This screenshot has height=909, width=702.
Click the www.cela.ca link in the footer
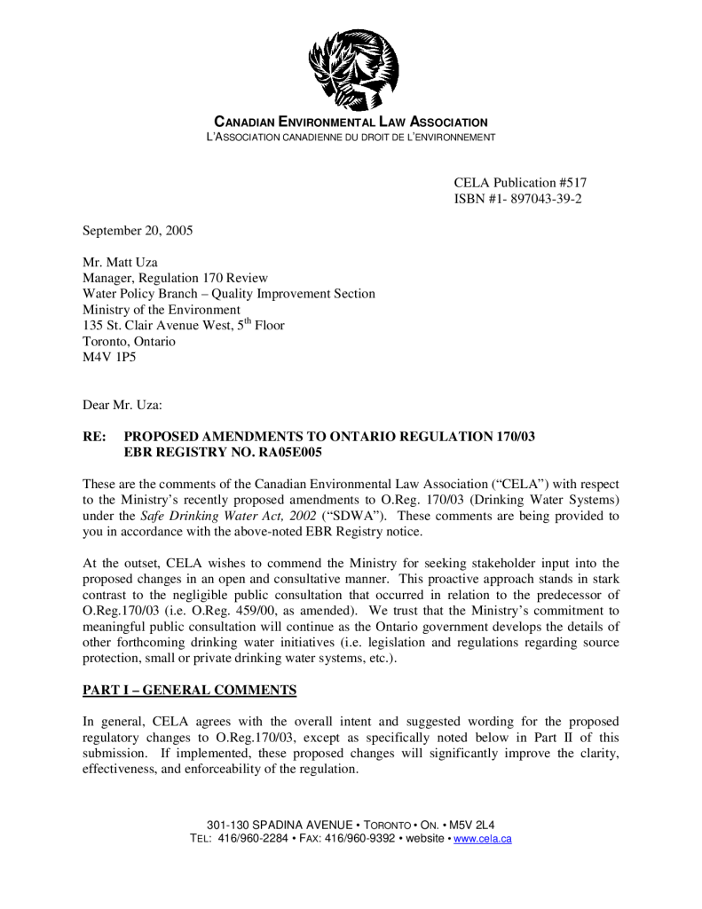pos(483,839)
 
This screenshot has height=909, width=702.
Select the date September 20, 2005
pos(138,231)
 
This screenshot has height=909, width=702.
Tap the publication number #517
pos(573,183)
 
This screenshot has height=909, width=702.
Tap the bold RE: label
pos(95,437)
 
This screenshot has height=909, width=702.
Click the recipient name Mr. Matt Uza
pos(120,263)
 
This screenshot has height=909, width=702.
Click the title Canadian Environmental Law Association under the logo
pos(351,122)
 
